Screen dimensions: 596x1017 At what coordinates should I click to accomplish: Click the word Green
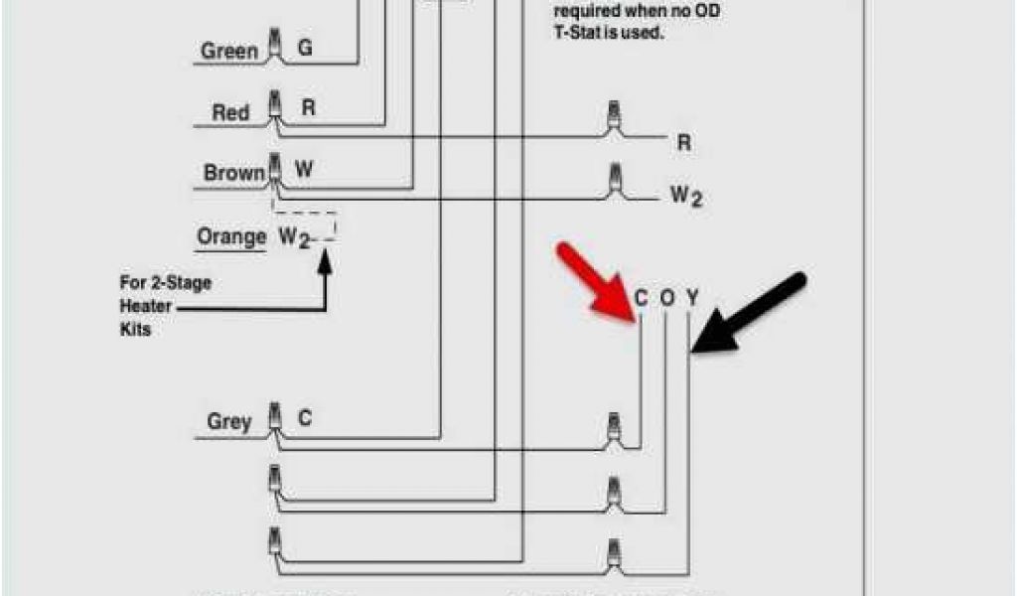click(x=229, y=51)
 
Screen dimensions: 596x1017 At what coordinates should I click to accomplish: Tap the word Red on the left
click(x=230, y=112)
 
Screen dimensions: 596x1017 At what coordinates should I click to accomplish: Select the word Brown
click(x=234, y=173)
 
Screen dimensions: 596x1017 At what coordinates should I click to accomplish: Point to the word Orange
click(x=231, y=236)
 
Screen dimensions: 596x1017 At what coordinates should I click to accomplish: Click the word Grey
click(x=228, y=421)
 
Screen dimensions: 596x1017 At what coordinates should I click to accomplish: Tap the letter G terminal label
click(x=305, y=48)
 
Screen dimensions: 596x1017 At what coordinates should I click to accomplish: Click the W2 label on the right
click(x=685, y=196)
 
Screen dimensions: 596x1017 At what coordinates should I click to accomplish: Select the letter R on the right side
click(x=683, y=143)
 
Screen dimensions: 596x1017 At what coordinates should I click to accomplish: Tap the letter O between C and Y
click(x=667, y=297)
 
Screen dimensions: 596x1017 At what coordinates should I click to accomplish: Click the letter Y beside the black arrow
click(x=692, y=297)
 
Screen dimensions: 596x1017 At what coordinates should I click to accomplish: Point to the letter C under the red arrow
click(x=641, y=297)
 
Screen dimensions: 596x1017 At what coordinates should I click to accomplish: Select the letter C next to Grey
click(x=305, y=419)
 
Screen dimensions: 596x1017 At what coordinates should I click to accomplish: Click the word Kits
click(x=136, y=329)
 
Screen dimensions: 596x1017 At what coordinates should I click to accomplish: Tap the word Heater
click(x=146, y=306)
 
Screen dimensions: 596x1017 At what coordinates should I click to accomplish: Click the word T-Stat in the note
click(x=576, y=32)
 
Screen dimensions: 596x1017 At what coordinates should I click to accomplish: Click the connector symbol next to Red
click(x=275, y=108)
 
